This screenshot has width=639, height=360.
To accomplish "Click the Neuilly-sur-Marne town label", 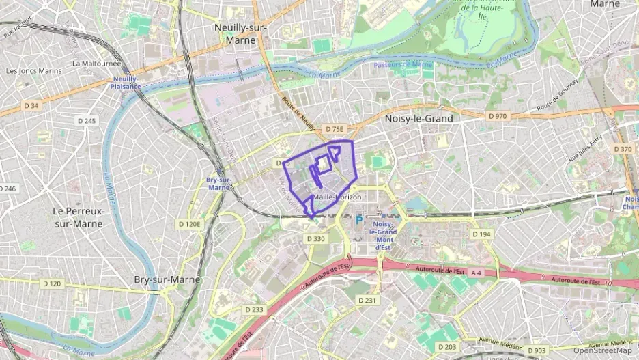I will (x=236, y=34).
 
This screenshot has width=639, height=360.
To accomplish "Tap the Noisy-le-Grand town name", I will (x=418, y=118).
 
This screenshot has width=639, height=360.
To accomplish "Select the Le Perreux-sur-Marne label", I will (x=79, y=217).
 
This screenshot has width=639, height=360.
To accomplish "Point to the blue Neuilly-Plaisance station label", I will (x=126, y=83).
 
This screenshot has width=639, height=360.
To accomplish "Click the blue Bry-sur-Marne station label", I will (x=218, y=184).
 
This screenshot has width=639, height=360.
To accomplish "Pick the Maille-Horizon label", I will (x=337, y=197).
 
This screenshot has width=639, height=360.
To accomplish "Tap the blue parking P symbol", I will (x=358, y=221).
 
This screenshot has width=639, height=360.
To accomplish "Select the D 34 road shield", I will (x=31, y=105).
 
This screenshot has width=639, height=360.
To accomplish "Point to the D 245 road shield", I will (x=87, y=121).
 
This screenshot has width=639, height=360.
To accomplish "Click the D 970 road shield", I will (x=498, y=116).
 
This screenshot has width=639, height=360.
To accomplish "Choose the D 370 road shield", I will (x=623, y=149).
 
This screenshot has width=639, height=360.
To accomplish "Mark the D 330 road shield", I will (x=315, y=238).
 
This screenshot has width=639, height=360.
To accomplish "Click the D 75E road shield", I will (x=334, y=129).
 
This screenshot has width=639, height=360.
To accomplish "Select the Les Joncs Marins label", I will (x=33, y=70).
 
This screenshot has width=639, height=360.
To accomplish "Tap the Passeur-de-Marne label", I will (x=403, y=65).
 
